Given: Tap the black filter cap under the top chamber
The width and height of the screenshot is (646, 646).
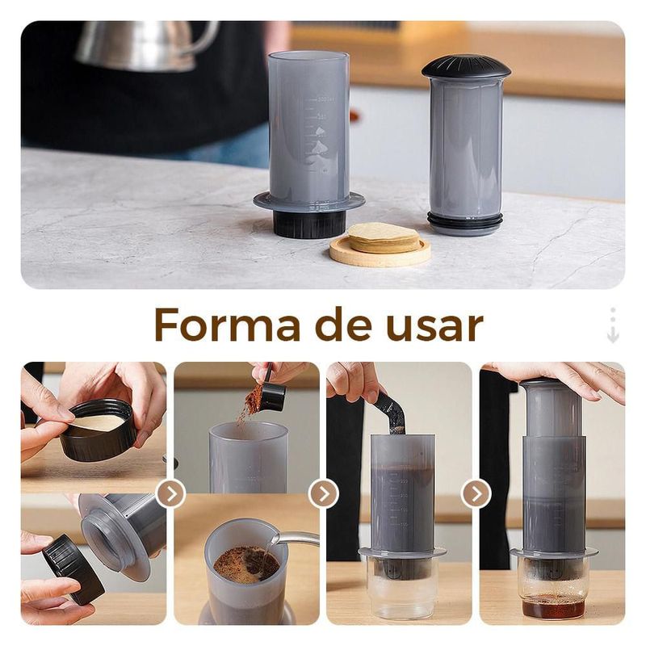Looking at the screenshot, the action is tap(309, 225).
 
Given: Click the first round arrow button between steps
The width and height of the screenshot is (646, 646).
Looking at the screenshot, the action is tap(171, 493).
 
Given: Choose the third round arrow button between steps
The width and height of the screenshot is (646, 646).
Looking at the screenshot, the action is tap(476, 493).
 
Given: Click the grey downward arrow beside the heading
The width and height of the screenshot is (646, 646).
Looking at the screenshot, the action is tap(613, 325).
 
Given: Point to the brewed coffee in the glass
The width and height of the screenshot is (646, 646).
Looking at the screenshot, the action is tap(553, 607).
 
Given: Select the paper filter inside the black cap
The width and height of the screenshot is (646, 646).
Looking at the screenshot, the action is tap(97, 422).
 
